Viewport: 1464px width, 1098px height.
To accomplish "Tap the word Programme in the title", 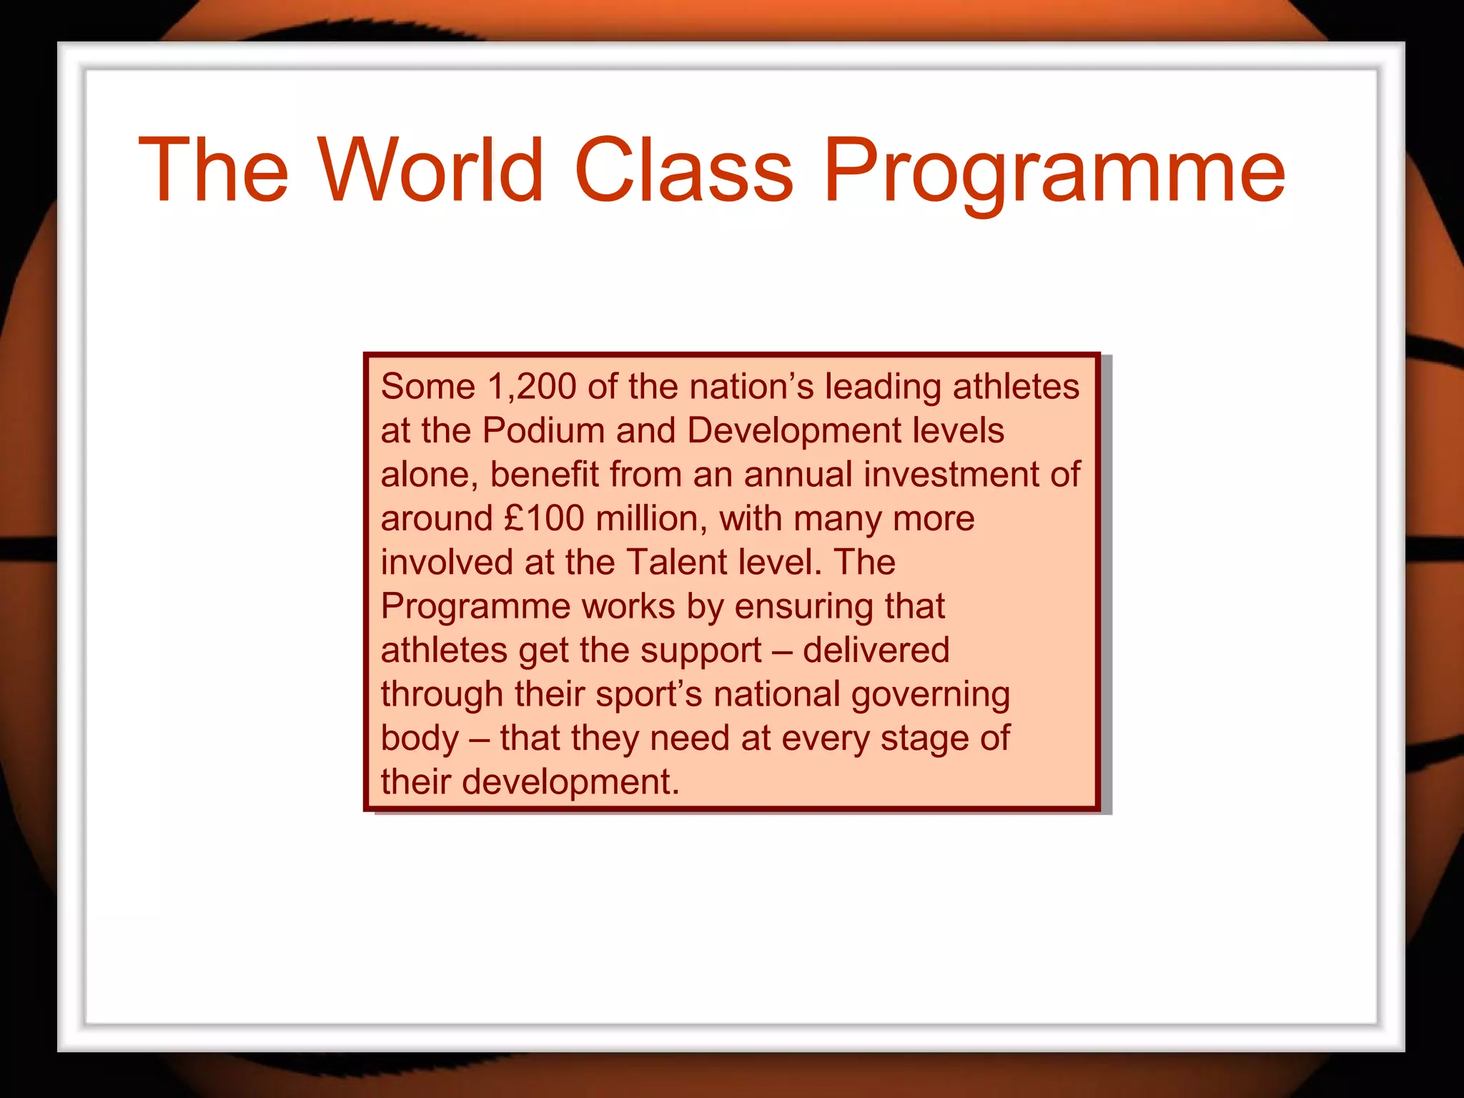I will [1054, 172].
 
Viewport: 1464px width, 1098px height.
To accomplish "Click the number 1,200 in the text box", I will [532, 387].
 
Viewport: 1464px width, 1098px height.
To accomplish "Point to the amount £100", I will [544, 518].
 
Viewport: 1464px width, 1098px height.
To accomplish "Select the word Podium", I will [543, 431].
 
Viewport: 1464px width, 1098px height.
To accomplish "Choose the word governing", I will [930, 695].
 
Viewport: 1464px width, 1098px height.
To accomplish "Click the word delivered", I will [876, 651].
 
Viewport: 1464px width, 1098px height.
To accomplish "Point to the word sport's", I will [649, 695].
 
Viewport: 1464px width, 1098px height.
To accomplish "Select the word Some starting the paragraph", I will [427, 387].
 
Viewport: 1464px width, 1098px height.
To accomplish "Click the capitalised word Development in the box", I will [793, 431].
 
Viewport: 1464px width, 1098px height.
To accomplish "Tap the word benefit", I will [544, 475].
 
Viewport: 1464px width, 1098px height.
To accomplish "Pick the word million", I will [651, 518].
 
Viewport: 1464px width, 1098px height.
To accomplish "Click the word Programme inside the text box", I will [475, 607].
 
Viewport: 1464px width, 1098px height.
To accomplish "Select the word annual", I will [798, 475].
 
